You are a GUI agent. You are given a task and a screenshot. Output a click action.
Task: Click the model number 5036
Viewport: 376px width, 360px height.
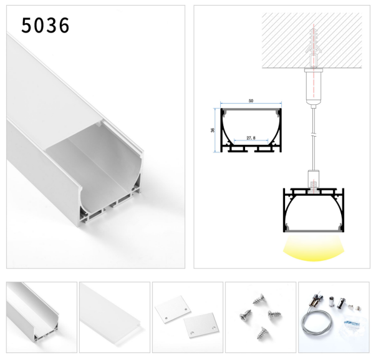(x=46, y=26)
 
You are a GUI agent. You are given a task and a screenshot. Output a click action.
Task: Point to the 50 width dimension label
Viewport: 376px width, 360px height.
(x=251, y=101)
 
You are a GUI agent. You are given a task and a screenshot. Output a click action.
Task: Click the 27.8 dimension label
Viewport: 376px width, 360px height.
(x=251, y=138)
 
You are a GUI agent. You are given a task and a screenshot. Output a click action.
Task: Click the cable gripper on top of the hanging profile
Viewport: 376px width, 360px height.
(x=314, y=180)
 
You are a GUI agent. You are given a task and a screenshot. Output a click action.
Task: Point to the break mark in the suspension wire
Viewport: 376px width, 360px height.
(x=314, y=134)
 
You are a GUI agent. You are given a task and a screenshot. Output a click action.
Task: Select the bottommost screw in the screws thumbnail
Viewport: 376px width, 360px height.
(x=263, y=333)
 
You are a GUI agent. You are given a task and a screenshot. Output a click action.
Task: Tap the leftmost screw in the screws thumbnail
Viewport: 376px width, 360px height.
(x=246, y=314)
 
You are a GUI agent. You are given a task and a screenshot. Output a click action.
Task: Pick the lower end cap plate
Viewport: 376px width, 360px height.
(x=201, y=325)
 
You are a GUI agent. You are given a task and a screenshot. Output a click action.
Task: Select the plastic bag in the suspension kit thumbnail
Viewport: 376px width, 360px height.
(x=352, y=326)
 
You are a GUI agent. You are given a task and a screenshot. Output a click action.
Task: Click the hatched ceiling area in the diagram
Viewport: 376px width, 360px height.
(x=312, y=41)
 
